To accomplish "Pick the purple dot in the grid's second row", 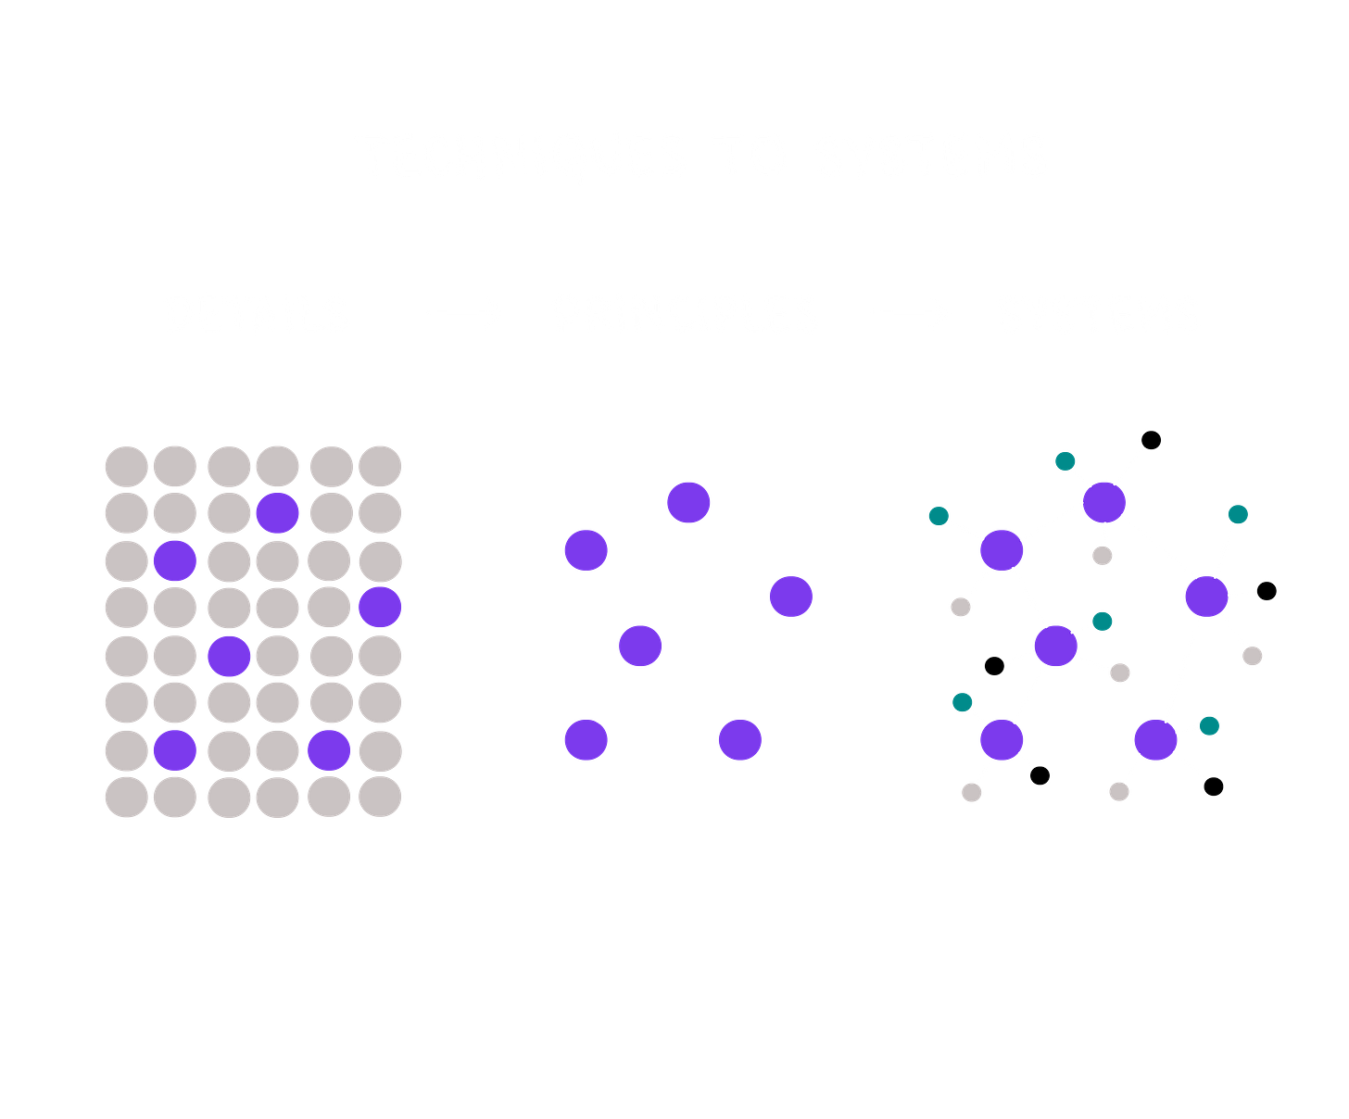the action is click(x=278, y=512).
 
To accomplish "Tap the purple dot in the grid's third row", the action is click(x=175, y=560).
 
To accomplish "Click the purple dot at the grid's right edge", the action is click(x=380, y=608).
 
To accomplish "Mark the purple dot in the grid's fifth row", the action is click(x=228, y=656).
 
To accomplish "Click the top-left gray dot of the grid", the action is click(x=126, y=466).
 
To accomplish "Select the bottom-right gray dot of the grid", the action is click(x=380, y=797).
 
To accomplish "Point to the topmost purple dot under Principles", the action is click(x=688, y=502).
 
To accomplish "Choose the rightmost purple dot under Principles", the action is click(x=790, y=596).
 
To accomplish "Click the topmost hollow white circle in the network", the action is click(x=1151, y=440).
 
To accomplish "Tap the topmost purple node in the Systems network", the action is click(x=1103, y=502).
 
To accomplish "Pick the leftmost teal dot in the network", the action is click(x=939, y=516).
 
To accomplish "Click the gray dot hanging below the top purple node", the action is click(x=1102, y=556).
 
